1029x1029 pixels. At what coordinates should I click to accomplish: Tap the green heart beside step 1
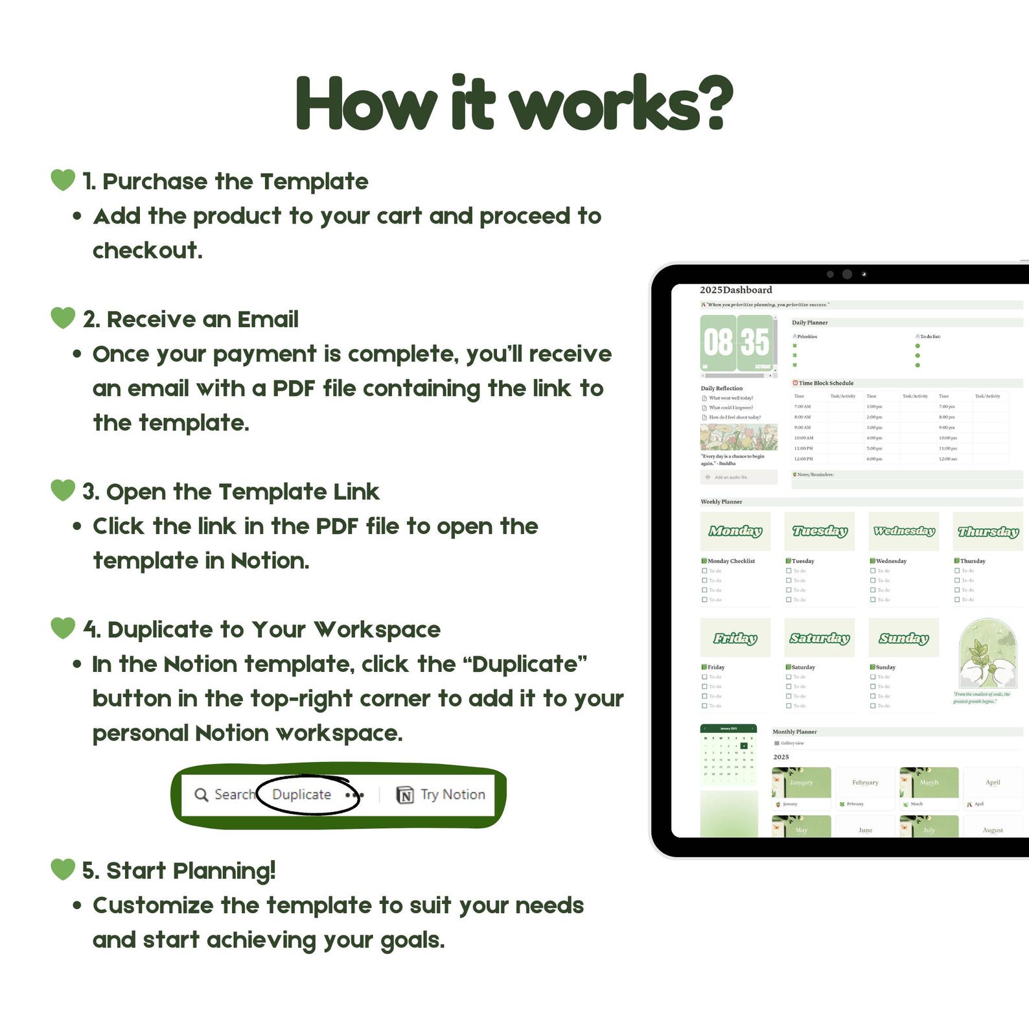63,179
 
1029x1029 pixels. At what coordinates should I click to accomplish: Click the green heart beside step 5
63,869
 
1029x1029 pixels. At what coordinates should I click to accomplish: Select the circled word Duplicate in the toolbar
302,794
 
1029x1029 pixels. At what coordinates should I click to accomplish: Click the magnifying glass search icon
202,794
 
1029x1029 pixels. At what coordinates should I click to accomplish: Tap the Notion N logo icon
405,795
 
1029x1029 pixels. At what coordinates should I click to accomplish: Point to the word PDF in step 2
294,388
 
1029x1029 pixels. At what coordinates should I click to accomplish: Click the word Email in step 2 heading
268,319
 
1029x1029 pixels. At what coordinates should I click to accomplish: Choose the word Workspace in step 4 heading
377,630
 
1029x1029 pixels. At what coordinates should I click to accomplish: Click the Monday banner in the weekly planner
735,531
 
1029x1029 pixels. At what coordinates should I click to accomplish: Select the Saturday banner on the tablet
820,638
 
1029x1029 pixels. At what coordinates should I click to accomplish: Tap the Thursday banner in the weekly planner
988,531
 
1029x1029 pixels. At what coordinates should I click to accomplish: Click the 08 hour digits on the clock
718,342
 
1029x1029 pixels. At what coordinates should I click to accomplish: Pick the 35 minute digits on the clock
755,342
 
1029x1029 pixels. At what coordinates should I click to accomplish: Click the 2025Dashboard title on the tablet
736,290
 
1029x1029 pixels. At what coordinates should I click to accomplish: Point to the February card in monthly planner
865,782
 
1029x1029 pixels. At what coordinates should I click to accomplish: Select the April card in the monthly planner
993,782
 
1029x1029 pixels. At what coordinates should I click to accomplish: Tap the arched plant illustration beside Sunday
988,654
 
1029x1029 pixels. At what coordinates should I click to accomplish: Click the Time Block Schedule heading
826,383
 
